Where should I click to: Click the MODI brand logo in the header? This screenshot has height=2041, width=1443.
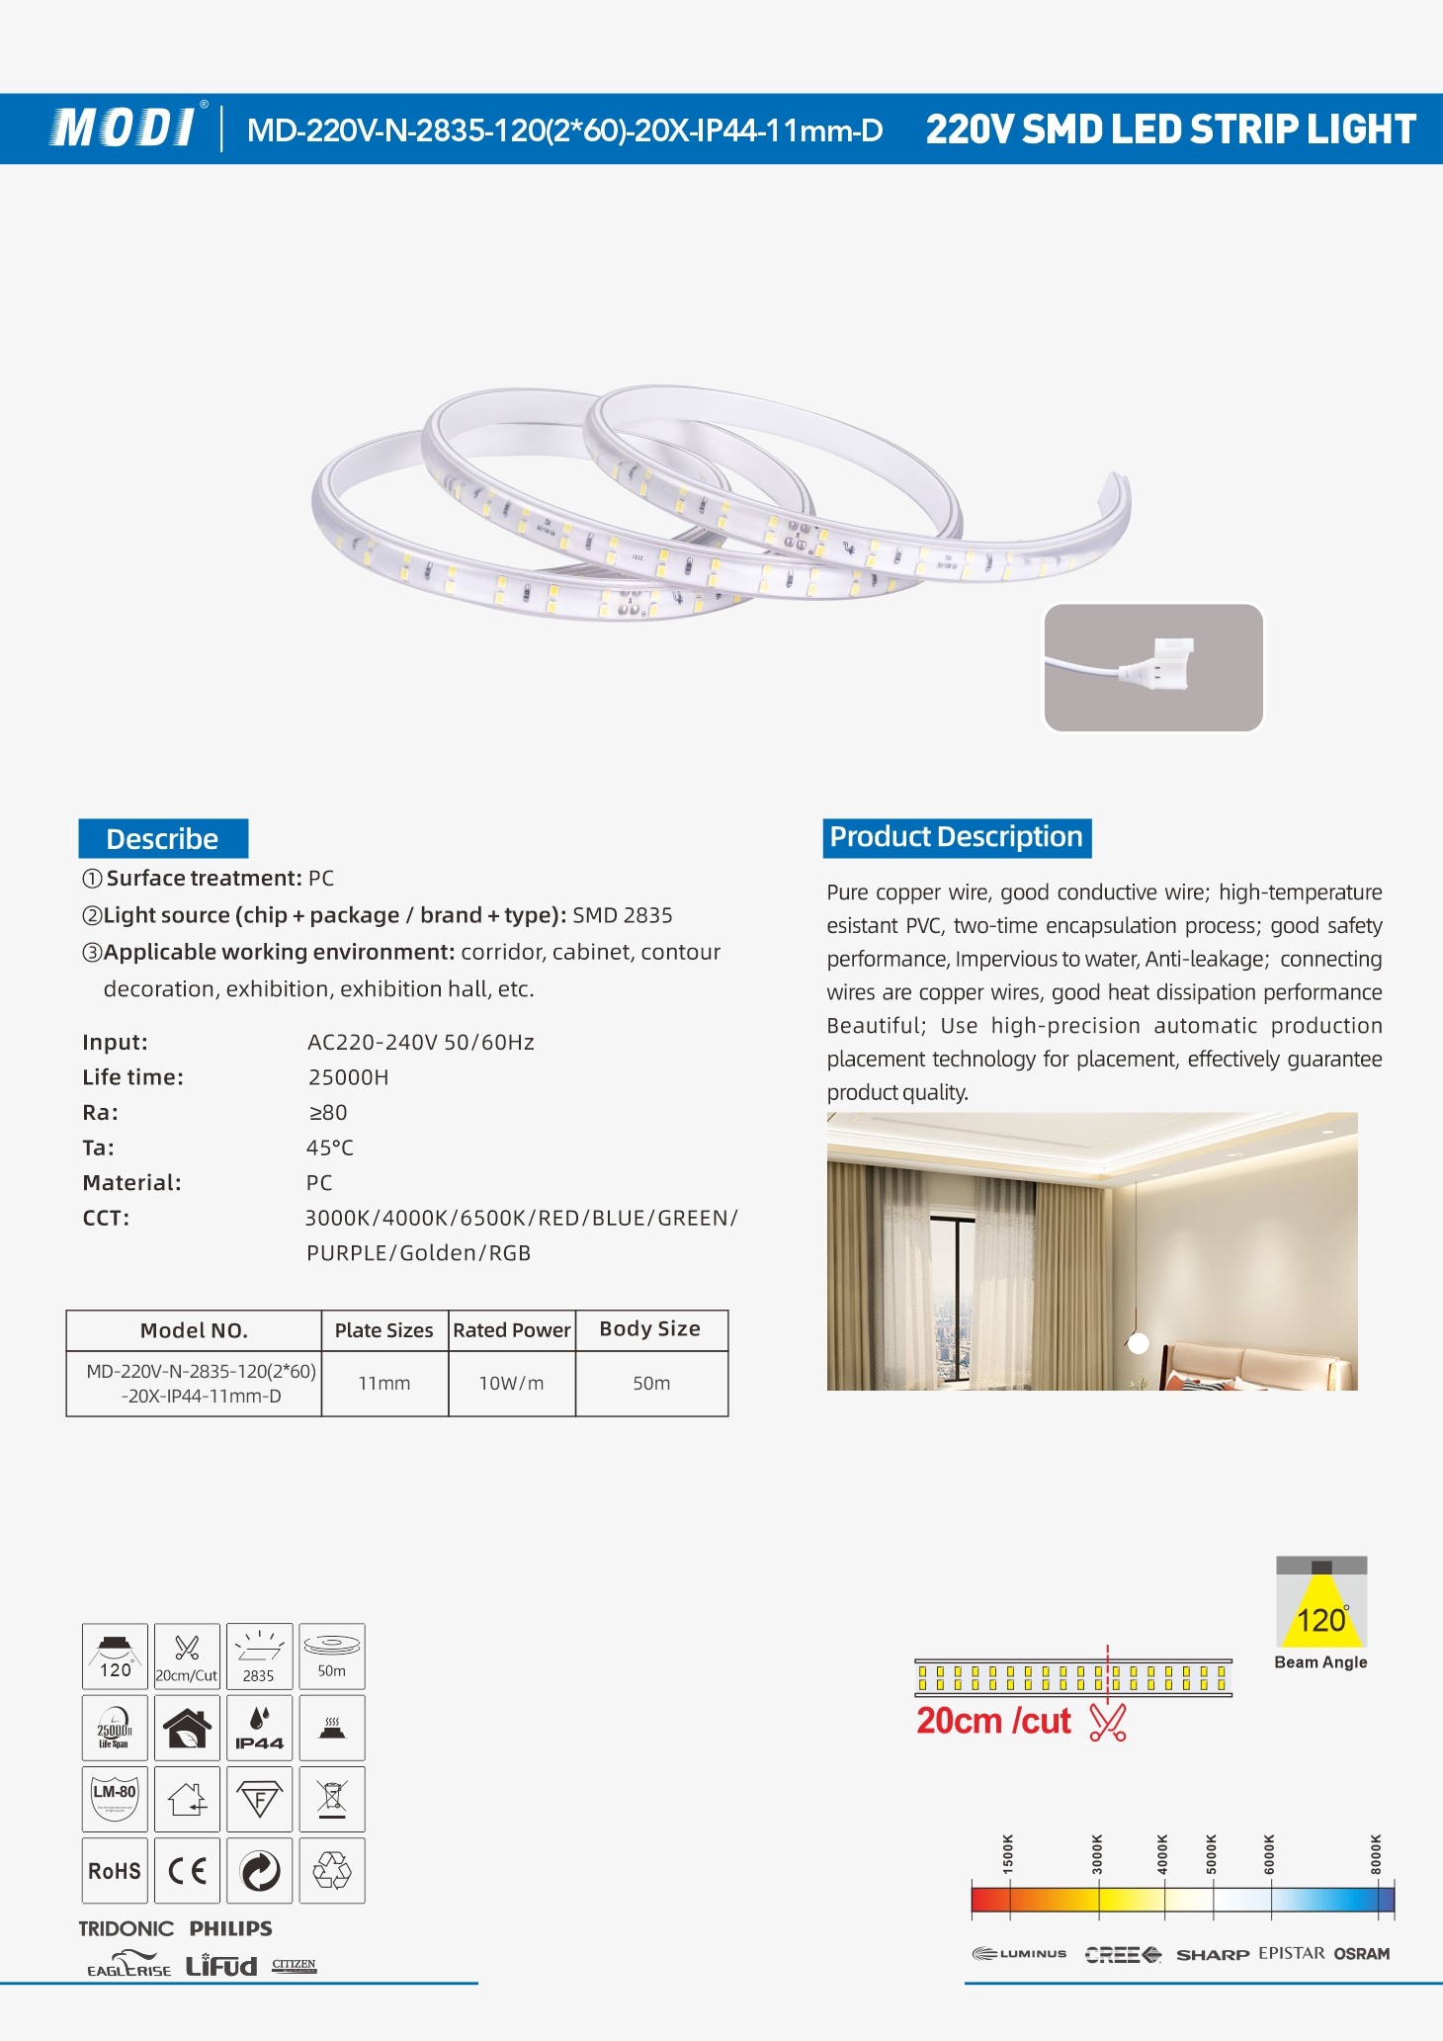pyautogui.click(x=125, y=128)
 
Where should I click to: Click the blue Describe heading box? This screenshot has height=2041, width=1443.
pyautogui.click(x=163, y=839)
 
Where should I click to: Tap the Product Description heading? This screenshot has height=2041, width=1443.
pyautogui.click(x=956, y=837)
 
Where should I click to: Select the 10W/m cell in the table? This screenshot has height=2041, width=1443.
pyautogui.click(x=511, y=1384)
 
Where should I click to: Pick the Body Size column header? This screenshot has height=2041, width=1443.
pyautogui.click(x=649, y=1329)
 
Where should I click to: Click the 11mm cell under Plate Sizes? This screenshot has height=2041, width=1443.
pyautogui.click(x=383, y=1384)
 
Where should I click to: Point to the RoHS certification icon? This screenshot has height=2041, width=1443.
pyautogui.click(x=115, y=1871)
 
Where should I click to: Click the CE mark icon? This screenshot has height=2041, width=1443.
pyautogui.click(x=187, y=1871)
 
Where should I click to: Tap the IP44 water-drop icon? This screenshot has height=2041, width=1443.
pyautogui.click(x=259, y=1729)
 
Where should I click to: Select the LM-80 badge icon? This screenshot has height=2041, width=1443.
pyautogui.click(x=115, y=1799)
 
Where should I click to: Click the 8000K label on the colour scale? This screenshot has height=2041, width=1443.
pyautogui.click(x=1376, y=1853)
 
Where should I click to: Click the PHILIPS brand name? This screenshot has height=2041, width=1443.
pyautogui.click(x=230, y=1928)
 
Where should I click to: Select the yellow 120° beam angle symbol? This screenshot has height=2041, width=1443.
pyautogui.click(x=1321, y=1610)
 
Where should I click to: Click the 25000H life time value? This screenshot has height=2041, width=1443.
pyautogui.click(x=348, y=1077)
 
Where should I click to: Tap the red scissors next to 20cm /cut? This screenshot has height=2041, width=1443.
pyautogui.click(x=1107, y=1722)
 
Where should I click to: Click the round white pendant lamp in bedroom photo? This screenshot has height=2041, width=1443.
pyautogui.click(x=1139, y=1342)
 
